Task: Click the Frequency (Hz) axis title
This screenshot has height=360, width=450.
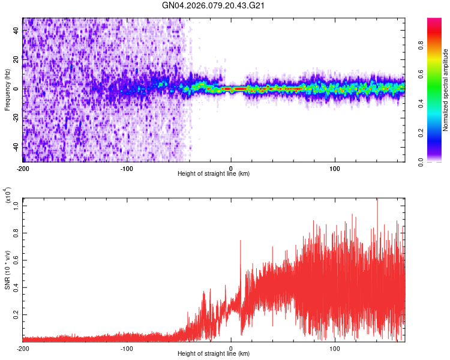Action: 7,89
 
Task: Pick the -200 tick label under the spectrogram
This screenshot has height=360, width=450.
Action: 23,168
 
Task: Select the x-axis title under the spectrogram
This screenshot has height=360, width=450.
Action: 214,174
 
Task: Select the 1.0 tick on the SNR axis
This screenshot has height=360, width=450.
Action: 16,205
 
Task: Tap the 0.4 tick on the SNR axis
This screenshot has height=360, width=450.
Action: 16,287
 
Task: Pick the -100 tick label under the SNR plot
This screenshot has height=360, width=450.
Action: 127,348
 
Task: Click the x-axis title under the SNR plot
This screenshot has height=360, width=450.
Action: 214,354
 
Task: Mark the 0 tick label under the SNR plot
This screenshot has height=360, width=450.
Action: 232,348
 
